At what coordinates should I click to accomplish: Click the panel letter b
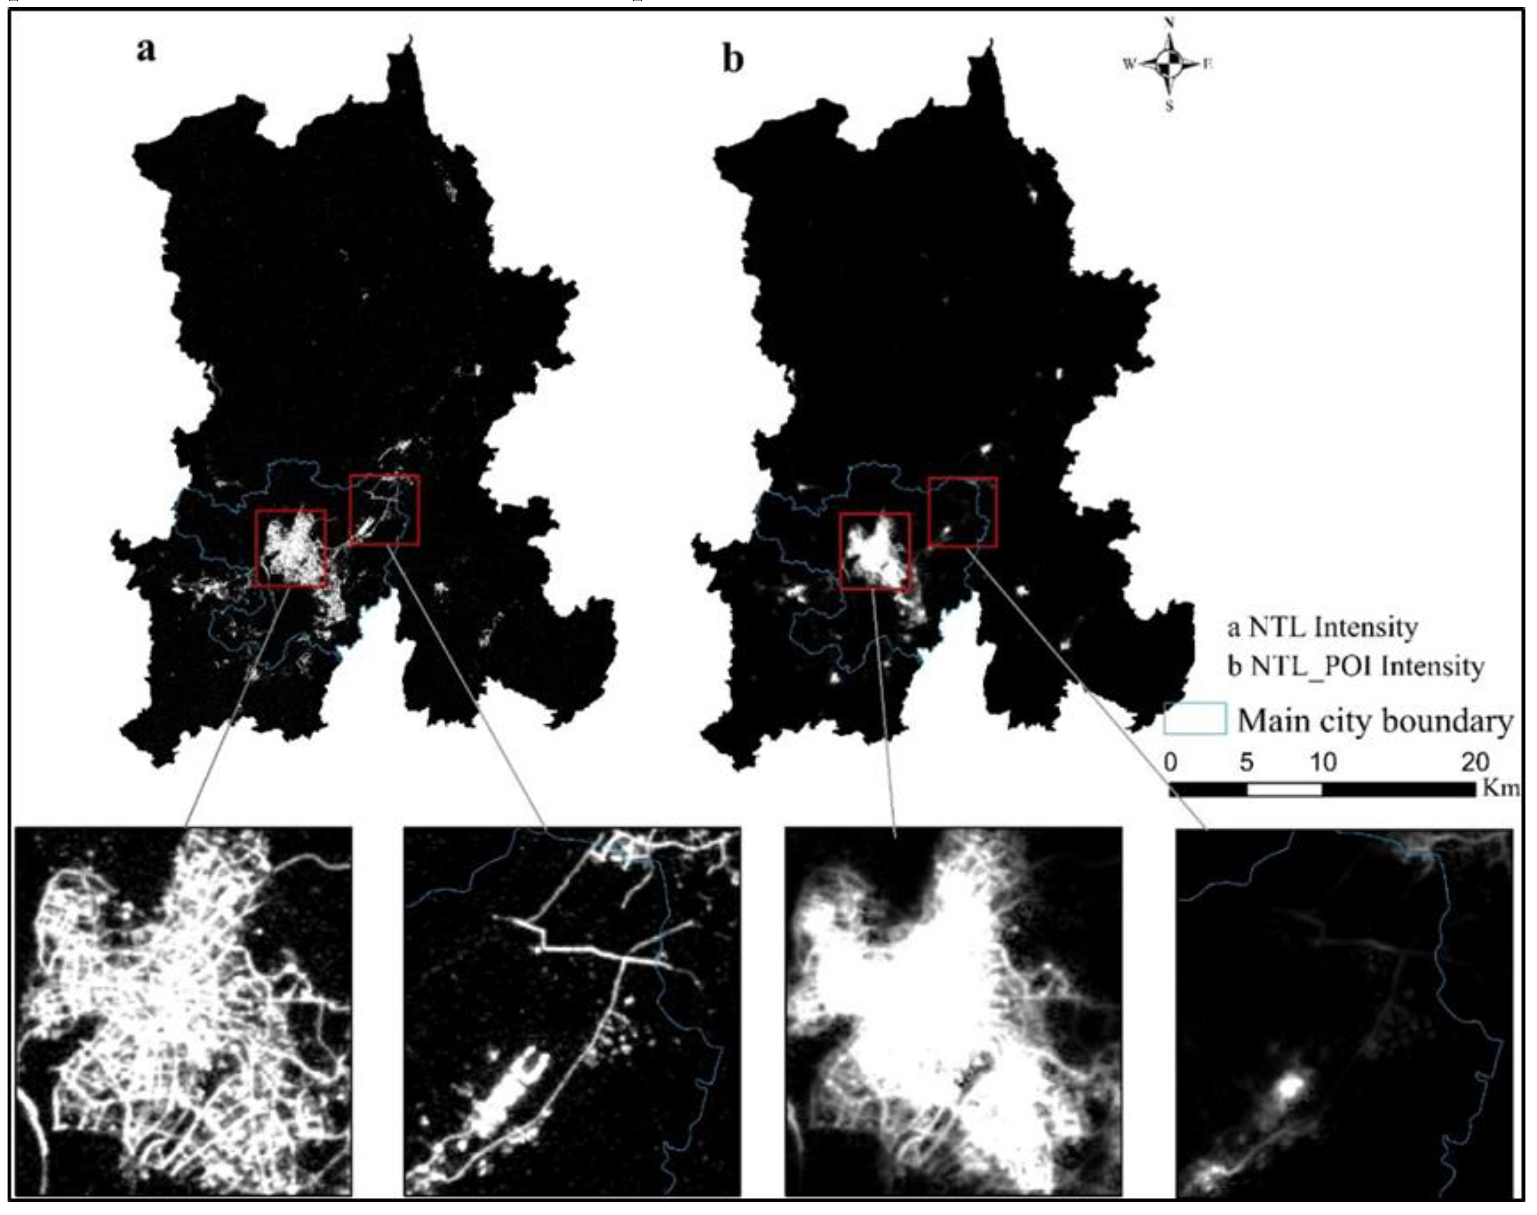pyautogui.click(x=733, y=60)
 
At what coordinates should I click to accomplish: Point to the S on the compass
pyautogui.click(x=1168, y=107)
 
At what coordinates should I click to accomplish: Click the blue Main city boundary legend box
pyautogui.click(x=1195, y=719)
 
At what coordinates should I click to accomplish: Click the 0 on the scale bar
pyautogui.click(x=1171, y=762)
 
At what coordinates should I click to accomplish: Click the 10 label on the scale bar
pyautogui.click(x=1323, y=762)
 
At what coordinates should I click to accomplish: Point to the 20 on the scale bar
pyautogui.click(x=1476, y=762)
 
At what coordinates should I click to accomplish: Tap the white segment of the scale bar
pyautogui.click(x=1284, y=789)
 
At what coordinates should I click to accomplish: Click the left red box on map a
pyautogui.click(x=290, y=547)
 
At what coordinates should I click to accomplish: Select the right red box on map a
pyautogui.click(x=384, y=510)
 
